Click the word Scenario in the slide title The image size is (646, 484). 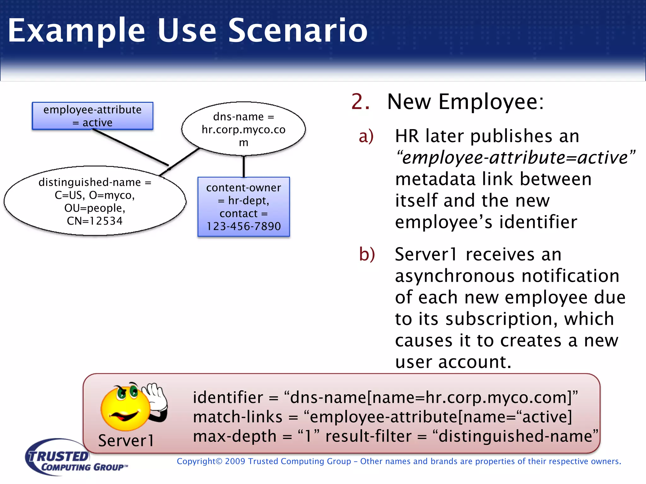[x=297, y=30]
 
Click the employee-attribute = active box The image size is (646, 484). [x=92, y=116]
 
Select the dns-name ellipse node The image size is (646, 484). [x=243, y=129]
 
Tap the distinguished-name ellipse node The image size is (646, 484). [x=95, y=201]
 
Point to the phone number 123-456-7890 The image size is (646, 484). [x=244, y=226]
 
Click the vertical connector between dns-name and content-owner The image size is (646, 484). [x=244, y=166]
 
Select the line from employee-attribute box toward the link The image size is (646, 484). [x=131, y=147]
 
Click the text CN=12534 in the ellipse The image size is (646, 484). [x=95, y=221]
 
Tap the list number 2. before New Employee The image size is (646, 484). [x=360, y=102]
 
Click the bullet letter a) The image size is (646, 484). [x=366, y=136]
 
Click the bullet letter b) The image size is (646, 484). [x=367, y=254]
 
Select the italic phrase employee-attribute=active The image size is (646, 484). [x=515, y=158]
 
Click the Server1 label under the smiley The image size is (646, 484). [x=126, y=440]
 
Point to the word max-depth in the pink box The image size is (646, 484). [x=235, y=436]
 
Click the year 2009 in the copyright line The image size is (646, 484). [x=235, y=461]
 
